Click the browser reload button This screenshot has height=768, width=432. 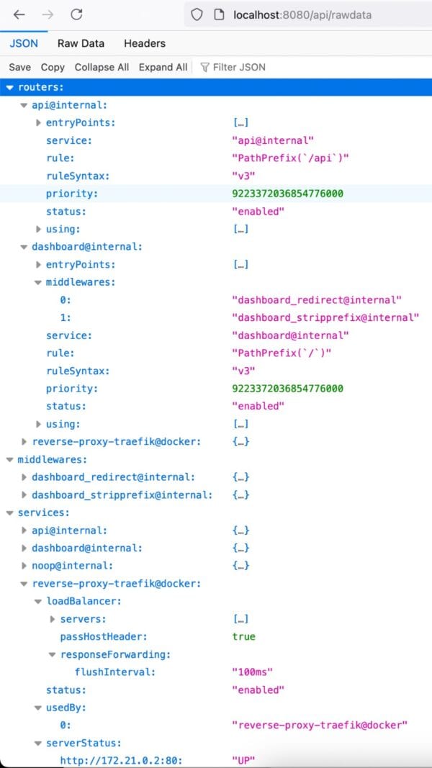[76, 14]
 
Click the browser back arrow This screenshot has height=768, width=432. [19, 14]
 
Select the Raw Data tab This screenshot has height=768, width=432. [81, 43]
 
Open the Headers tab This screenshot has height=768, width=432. [145, 43]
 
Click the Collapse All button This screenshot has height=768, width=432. [102, 67]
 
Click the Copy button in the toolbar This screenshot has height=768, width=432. [53, 67]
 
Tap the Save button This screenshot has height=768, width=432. [19, 67]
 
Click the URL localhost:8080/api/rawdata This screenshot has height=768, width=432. [302, 15]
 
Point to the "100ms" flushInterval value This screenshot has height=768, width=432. [252, 672]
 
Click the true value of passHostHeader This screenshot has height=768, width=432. [244, 637]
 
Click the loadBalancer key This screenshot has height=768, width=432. [84, 601]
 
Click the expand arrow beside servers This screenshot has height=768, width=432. [53, 619]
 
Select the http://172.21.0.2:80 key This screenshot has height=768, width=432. [121, 760]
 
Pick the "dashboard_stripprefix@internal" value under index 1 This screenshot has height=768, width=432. [325, 317]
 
